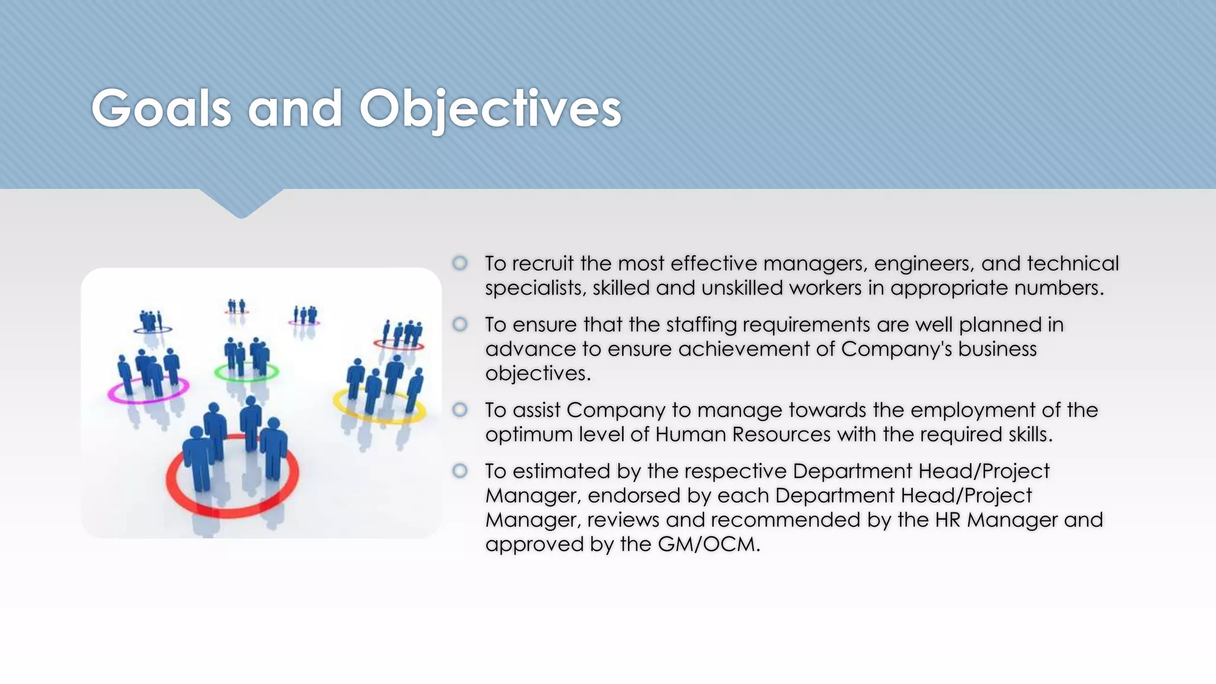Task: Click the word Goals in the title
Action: click(160, 108)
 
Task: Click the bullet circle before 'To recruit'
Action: click(460, 263)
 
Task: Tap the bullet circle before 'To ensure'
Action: click(460, 324)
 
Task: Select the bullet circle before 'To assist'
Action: click(460, 410)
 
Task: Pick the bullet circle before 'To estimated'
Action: click(460, 471)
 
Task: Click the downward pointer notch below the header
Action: click(241, 205)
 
